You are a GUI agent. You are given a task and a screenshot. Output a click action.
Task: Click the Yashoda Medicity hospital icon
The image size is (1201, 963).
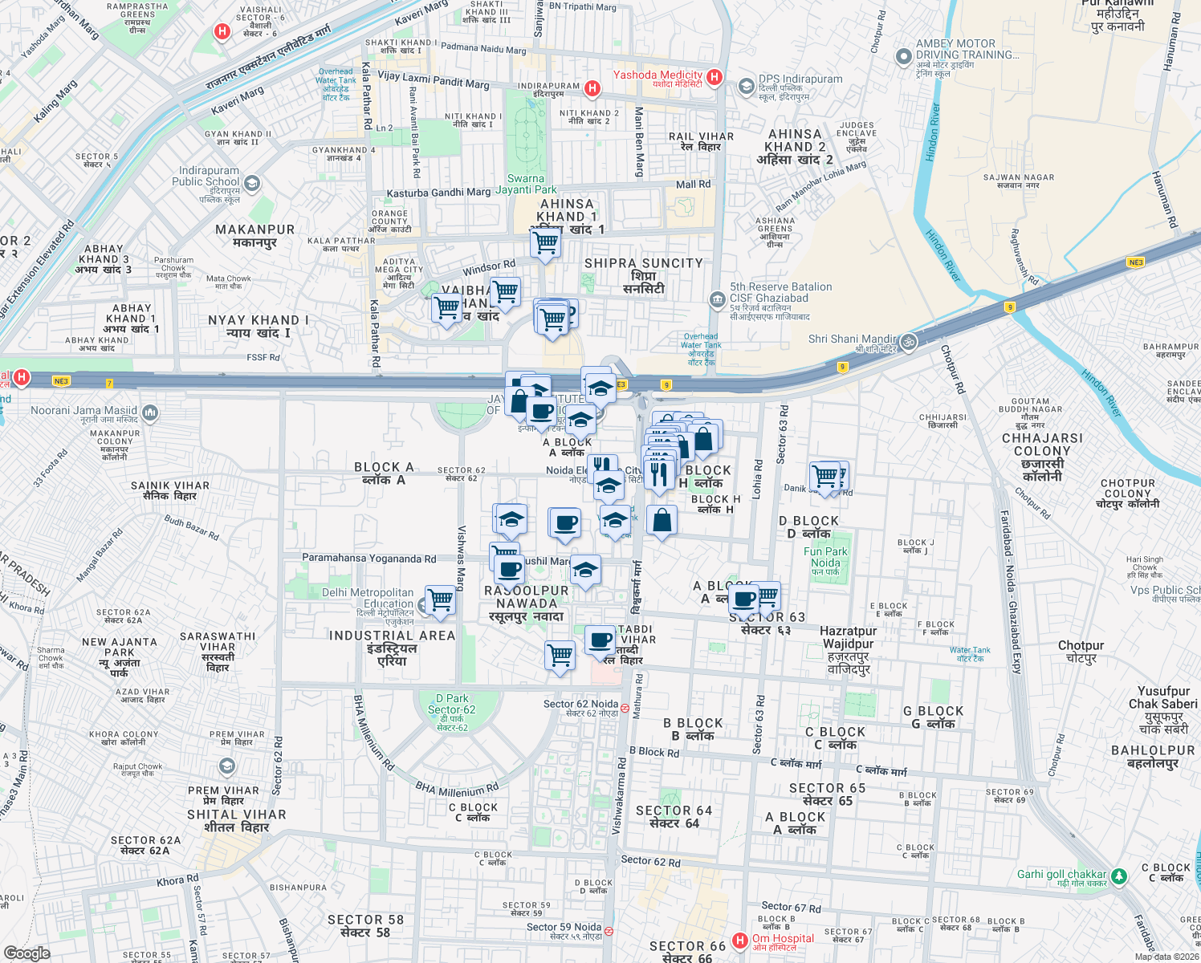point(714,78)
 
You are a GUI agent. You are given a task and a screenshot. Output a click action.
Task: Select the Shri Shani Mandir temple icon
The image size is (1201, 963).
point(908,340)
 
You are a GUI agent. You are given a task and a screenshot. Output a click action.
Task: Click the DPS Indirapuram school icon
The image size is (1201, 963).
point(747,86)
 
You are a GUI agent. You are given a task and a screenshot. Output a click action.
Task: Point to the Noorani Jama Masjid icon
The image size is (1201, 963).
point(149,413)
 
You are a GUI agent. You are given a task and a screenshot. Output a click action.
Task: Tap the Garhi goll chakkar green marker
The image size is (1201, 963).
point(1119,876)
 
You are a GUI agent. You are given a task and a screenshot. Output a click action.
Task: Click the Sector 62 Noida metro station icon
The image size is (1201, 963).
point(625,708)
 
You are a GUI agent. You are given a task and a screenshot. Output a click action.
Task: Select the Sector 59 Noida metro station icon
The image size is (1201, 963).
point(609,931)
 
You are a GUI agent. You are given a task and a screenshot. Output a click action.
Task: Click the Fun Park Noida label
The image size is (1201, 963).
point(825,558)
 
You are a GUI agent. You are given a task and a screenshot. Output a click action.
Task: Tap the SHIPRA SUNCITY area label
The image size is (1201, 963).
point(643,263)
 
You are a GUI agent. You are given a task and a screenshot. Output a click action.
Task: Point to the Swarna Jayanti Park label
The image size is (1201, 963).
point(526,185)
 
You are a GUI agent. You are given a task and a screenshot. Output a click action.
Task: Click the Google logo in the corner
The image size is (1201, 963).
point(26,953)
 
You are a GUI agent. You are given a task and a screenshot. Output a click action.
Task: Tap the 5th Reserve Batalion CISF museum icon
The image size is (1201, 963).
point(717,299)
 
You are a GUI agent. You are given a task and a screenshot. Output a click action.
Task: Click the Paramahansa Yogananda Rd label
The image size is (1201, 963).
point(368,558)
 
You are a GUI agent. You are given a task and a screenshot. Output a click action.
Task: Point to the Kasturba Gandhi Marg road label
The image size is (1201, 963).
point(438,193)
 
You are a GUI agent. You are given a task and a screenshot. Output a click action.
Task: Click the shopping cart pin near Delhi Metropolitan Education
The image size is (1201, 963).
point(440,599)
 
